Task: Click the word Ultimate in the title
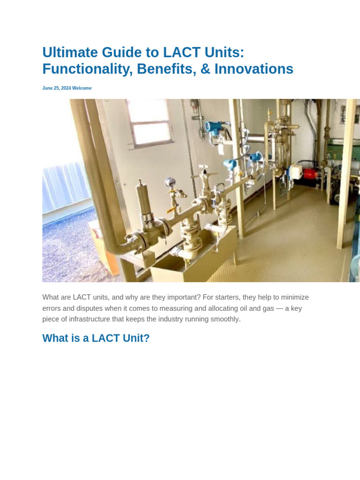pos(70,52)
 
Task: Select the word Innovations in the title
pos(254,69)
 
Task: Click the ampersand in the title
pos(205,69)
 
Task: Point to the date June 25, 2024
pos(56,88)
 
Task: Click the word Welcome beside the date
pos(82,88)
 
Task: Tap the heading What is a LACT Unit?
pos(96,338)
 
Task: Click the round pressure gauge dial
pos(169,182)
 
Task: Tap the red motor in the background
pos(310,173)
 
